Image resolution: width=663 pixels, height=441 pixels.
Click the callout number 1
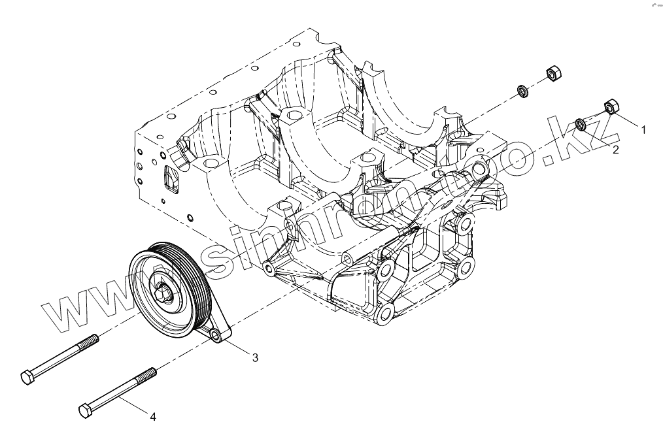(x=643, y=130)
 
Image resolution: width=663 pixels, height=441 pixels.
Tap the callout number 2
(x=615, y=150)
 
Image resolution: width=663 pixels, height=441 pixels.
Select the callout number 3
(x=255, y=357)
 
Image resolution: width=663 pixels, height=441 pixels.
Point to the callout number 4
(x=152, y=416)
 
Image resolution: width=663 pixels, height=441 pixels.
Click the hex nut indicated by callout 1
(x=612, y=105)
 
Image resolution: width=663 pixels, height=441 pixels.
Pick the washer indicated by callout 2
(x=580, y=123)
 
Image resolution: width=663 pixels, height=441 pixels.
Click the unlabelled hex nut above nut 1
(x=552, y=74)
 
